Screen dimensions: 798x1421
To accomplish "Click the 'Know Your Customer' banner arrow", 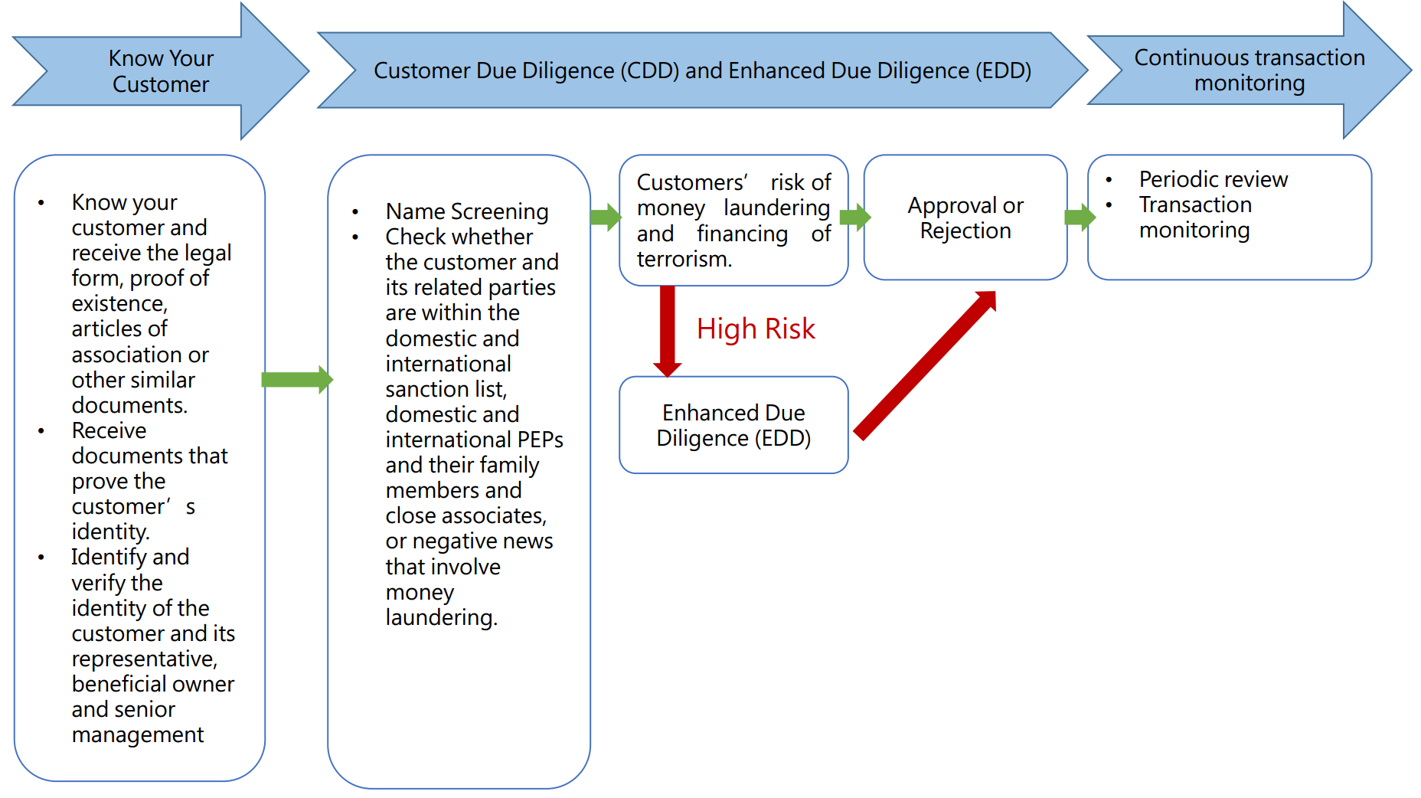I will pos(161,71).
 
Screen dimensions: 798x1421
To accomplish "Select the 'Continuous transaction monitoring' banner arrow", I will pos(1249,70).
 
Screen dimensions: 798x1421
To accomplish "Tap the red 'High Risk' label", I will pos(756,329).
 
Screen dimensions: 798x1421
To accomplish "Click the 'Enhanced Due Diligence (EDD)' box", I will pos(733,425).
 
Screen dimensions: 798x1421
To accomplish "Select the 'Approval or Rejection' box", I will pos(965,217).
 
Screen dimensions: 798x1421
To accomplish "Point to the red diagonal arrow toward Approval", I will pos(925,366).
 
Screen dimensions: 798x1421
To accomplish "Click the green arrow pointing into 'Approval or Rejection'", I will pos(855,217).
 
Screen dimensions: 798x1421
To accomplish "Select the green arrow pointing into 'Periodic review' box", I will pos(1080,217).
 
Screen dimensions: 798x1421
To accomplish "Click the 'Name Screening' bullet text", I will pos(467,211).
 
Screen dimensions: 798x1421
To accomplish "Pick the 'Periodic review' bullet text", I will pos(1213,179).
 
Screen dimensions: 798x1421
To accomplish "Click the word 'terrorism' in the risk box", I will pos(682,260).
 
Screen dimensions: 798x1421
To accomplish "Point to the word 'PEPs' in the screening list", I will pos(541,440).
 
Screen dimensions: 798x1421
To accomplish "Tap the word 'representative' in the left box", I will pos(143,659).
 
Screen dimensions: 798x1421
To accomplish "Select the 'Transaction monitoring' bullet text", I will pos(1194,217).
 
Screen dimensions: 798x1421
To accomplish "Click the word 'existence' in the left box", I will pos(118,304).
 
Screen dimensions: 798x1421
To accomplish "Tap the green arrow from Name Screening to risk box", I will pos(606,217).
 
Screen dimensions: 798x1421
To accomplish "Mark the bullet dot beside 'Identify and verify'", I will pos(41,558).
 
